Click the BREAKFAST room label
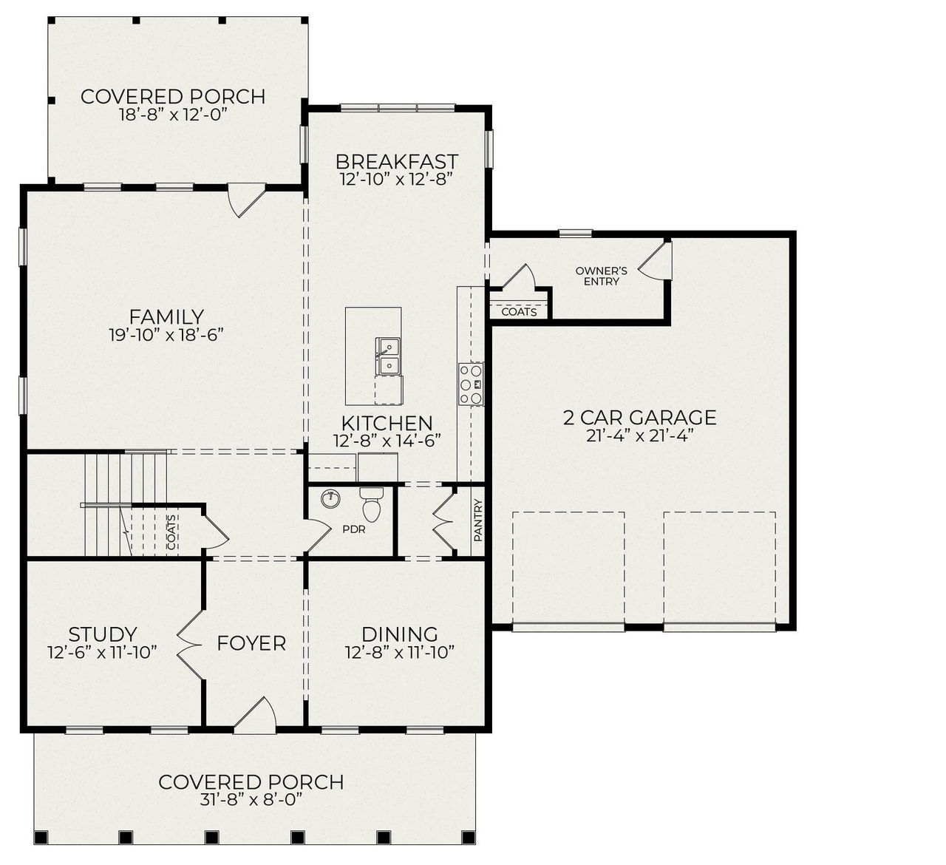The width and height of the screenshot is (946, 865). point(396,161)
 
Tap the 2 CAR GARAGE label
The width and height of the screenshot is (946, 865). point(639,418)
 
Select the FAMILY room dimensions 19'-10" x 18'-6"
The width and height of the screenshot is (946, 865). point(166,335)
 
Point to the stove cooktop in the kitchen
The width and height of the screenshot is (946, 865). point(470,384)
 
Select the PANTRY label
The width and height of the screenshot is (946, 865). point(477,520)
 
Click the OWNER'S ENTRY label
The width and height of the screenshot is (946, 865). point(601,276)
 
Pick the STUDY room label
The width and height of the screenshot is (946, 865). point(102,634)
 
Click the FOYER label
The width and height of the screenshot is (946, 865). point(251,643)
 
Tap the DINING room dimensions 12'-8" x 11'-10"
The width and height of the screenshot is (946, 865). point(398,652)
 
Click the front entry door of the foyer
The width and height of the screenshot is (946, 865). point(256,716)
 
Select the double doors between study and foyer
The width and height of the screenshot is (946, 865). point(190,644)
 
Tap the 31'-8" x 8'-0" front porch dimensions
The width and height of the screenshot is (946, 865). point(251,800)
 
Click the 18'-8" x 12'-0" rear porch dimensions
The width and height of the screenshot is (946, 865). point(172,115)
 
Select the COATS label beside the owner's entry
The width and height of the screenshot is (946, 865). point(519,312)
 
